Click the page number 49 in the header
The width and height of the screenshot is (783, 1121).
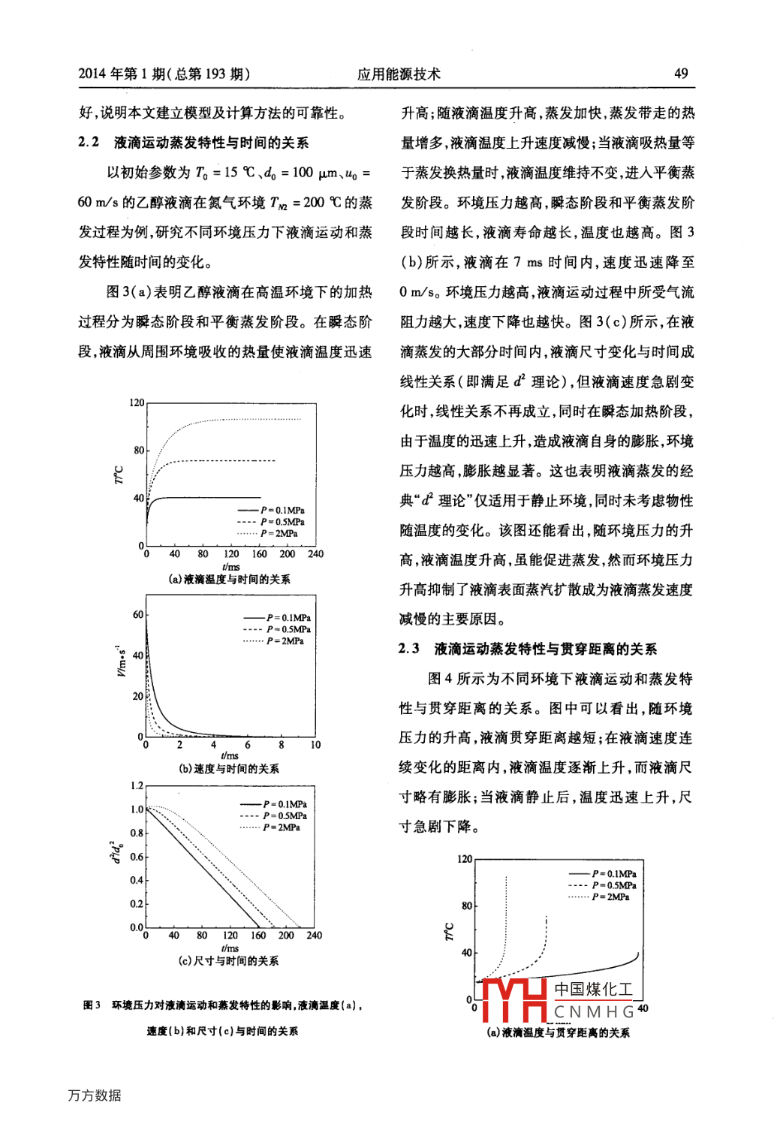[680, 74]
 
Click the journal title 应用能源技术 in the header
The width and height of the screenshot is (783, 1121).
[399, 74]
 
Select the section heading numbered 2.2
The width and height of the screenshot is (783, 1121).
[193, 143]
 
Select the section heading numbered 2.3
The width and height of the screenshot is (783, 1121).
[527, 649]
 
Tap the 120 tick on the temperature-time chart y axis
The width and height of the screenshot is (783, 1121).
[137, 403]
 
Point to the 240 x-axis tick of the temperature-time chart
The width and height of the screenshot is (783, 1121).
[315, 554]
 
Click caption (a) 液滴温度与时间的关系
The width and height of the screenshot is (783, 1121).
[229, 579]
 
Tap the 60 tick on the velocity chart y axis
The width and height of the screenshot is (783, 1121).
[138, 614]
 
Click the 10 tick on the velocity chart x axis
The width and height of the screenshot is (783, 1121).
[315, 745]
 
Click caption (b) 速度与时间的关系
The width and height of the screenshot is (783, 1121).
[229, 769]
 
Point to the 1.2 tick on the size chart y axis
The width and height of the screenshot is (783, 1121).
[137, 785]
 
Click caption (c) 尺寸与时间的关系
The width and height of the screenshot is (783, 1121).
[229, 961]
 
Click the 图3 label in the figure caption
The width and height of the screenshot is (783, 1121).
[92, 1005]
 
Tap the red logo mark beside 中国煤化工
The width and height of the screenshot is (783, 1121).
[513, 999]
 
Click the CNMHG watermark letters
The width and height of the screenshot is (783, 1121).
[594, 1012]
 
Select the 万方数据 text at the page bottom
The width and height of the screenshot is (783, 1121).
[95, 1095]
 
